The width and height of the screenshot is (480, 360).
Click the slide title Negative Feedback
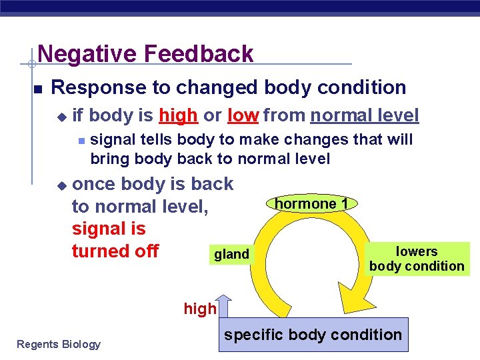[x=145, y=53]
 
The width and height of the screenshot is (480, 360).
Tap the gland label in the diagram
[x=231, y=254]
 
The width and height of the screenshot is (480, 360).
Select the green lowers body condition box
[x=417, y=259]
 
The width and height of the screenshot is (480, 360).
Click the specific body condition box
[x=313, y=335]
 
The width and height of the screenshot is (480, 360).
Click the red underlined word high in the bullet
[x=178, y=115]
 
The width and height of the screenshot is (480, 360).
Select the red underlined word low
[x=243, y=115]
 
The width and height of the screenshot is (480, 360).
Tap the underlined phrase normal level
[x=364, y=115]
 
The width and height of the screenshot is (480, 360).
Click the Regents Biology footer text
[x=59, y=344]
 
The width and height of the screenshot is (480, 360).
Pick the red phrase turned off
[x=115, y=251]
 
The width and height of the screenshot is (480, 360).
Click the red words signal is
[x=108, y=229]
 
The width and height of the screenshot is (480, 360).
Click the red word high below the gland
[x=200, y=309]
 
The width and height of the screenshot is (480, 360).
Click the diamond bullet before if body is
[x=61, y=117]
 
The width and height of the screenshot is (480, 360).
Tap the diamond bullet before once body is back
[x=61, y=185]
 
